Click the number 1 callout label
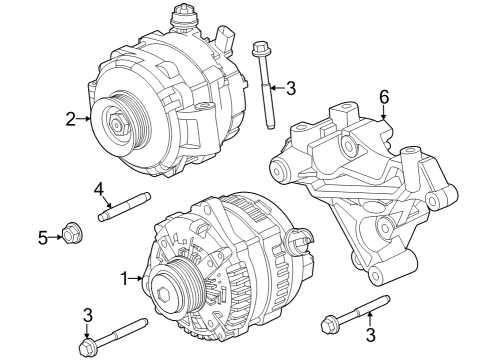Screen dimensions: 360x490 click(124, 278)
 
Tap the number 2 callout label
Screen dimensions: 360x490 click(71, 119)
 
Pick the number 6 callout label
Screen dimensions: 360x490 click(382, 97)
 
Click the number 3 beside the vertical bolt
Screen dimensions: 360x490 click(291, 89)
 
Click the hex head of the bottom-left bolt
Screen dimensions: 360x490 click(87, 346)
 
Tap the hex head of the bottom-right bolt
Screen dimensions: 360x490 click(330, 323)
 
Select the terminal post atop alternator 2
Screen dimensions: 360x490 click(182, 14)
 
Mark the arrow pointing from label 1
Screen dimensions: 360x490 click(138, 278)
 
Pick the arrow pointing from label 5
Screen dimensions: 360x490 click(55, 236)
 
